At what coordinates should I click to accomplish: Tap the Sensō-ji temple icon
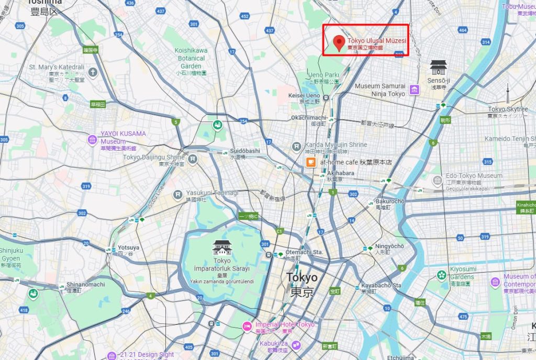438,67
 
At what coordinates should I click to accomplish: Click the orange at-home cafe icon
311,162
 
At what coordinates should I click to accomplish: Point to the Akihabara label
328,173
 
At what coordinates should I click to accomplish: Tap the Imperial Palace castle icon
222,248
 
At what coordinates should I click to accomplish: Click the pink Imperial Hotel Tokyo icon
247,327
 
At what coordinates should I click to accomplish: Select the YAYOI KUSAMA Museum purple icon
93,140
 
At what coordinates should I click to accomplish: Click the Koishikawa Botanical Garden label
191,58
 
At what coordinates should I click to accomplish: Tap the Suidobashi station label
245,151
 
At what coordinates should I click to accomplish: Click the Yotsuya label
128,248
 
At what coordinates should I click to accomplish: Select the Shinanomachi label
86,285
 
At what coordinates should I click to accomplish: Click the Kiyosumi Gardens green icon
442,275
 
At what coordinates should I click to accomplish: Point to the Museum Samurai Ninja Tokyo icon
415,89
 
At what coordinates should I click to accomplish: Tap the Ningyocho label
389,246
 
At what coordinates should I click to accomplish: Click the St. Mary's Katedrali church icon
93,72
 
